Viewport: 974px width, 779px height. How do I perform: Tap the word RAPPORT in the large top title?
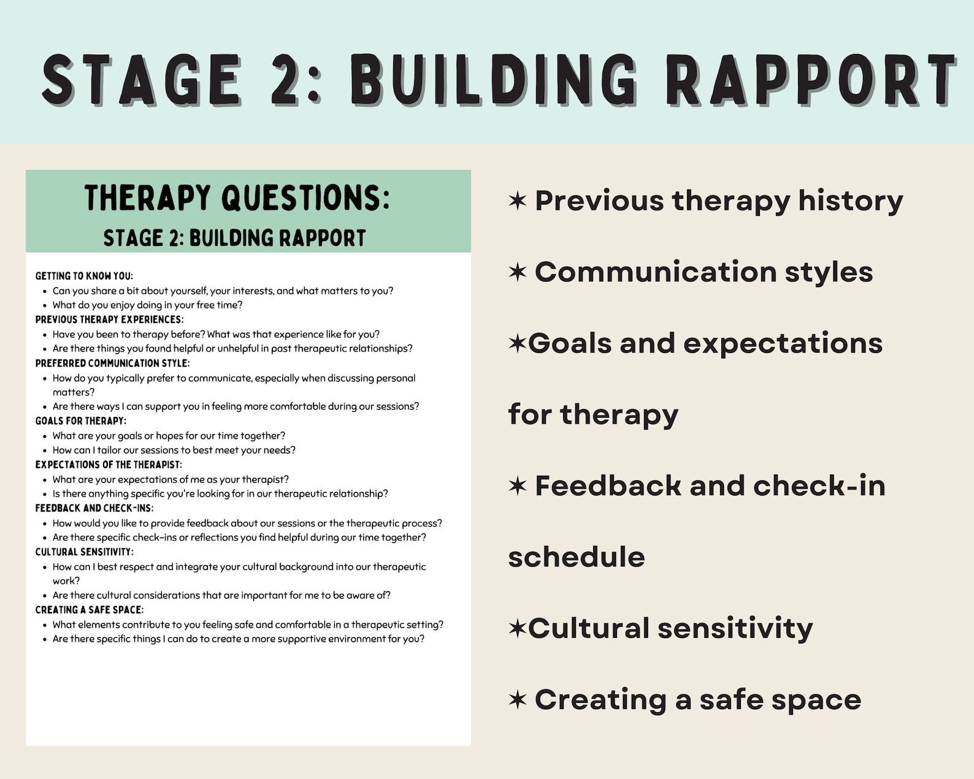coord(810,80)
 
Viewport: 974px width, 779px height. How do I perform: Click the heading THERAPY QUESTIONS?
coord(237,198)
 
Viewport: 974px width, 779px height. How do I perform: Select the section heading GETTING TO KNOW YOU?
coord(84,276)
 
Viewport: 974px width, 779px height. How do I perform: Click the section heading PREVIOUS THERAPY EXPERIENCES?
coord(109,320)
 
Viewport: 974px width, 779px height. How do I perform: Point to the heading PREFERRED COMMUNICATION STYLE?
coord(112,363)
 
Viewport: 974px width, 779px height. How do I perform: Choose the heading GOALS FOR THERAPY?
coord(80,421)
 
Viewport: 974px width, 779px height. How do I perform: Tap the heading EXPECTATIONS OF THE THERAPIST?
coord(109,464)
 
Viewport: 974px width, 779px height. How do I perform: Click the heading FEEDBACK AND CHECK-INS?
coord(94,508)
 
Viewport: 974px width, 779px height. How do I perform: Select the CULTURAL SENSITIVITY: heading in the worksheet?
coord(84,551)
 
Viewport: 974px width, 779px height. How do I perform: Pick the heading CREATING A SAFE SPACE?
coord(89,610)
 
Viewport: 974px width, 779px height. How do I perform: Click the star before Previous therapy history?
coord(518,201)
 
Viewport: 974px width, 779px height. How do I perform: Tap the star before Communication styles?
coord(518,272)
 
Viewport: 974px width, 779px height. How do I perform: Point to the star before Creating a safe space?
coord(518,699)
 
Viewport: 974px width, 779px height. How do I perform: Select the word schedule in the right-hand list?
coord(576,557)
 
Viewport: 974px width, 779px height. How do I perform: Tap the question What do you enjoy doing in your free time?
coord(147,305)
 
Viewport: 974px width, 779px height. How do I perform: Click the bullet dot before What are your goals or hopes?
coord(45,436)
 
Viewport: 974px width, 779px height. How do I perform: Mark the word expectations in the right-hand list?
coord(782,343)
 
